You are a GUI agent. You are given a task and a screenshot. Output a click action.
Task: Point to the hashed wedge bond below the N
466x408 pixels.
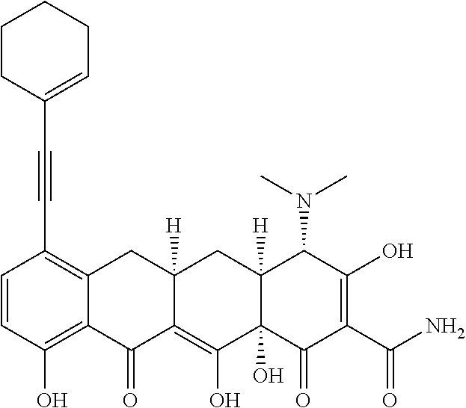click(304, 227)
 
